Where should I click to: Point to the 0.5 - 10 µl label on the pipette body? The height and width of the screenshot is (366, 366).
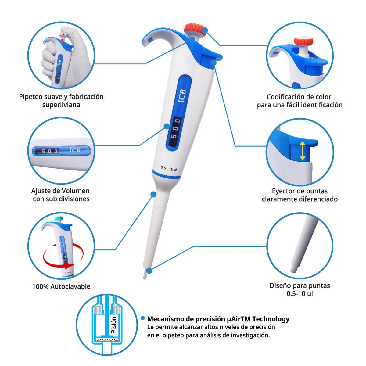tap(169, 168)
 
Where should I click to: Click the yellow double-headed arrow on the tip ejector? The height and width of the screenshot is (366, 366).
tap(302, 151)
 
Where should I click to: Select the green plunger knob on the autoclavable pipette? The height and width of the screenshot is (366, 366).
tap(59, 218)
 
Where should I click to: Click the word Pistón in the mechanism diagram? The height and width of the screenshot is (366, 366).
tap(113, 325)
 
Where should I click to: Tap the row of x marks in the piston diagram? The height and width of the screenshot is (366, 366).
tap(107, 339)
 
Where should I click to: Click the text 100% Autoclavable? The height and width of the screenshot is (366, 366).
tap(61, 286)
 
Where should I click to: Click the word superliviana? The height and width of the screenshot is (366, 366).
tap(61, 105)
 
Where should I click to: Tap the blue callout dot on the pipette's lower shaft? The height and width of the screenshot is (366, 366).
tap(153, 194)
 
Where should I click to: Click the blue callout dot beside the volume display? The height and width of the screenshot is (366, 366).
tap(167, 126)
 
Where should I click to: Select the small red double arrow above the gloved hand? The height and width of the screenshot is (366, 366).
tap(63, 37)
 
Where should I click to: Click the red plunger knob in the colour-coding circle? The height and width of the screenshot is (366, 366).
tap(303, 41)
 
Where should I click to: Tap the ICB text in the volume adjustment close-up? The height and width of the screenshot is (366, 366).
tap(75, 150)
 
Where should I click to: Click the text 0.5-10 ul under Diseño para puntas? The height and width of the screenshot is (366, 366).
tap(300, 294)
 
